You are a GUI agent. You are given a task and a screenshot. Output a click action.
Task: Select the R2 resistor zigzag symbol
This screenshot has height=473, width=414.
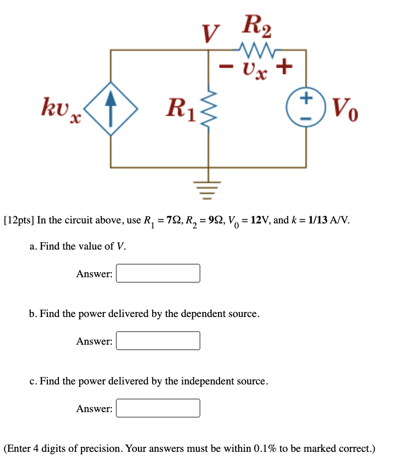point(256,50)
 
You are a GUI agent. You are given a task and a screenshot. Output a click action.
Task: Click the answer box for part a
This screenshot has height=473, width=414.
point(158,274)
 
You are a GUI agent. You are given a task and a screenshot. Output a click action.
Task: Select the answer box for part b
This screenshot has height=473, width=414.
point(158,341)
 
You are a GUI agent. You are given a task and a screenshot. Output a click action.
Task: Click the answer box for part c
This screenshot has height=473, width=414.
point(158,408)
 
